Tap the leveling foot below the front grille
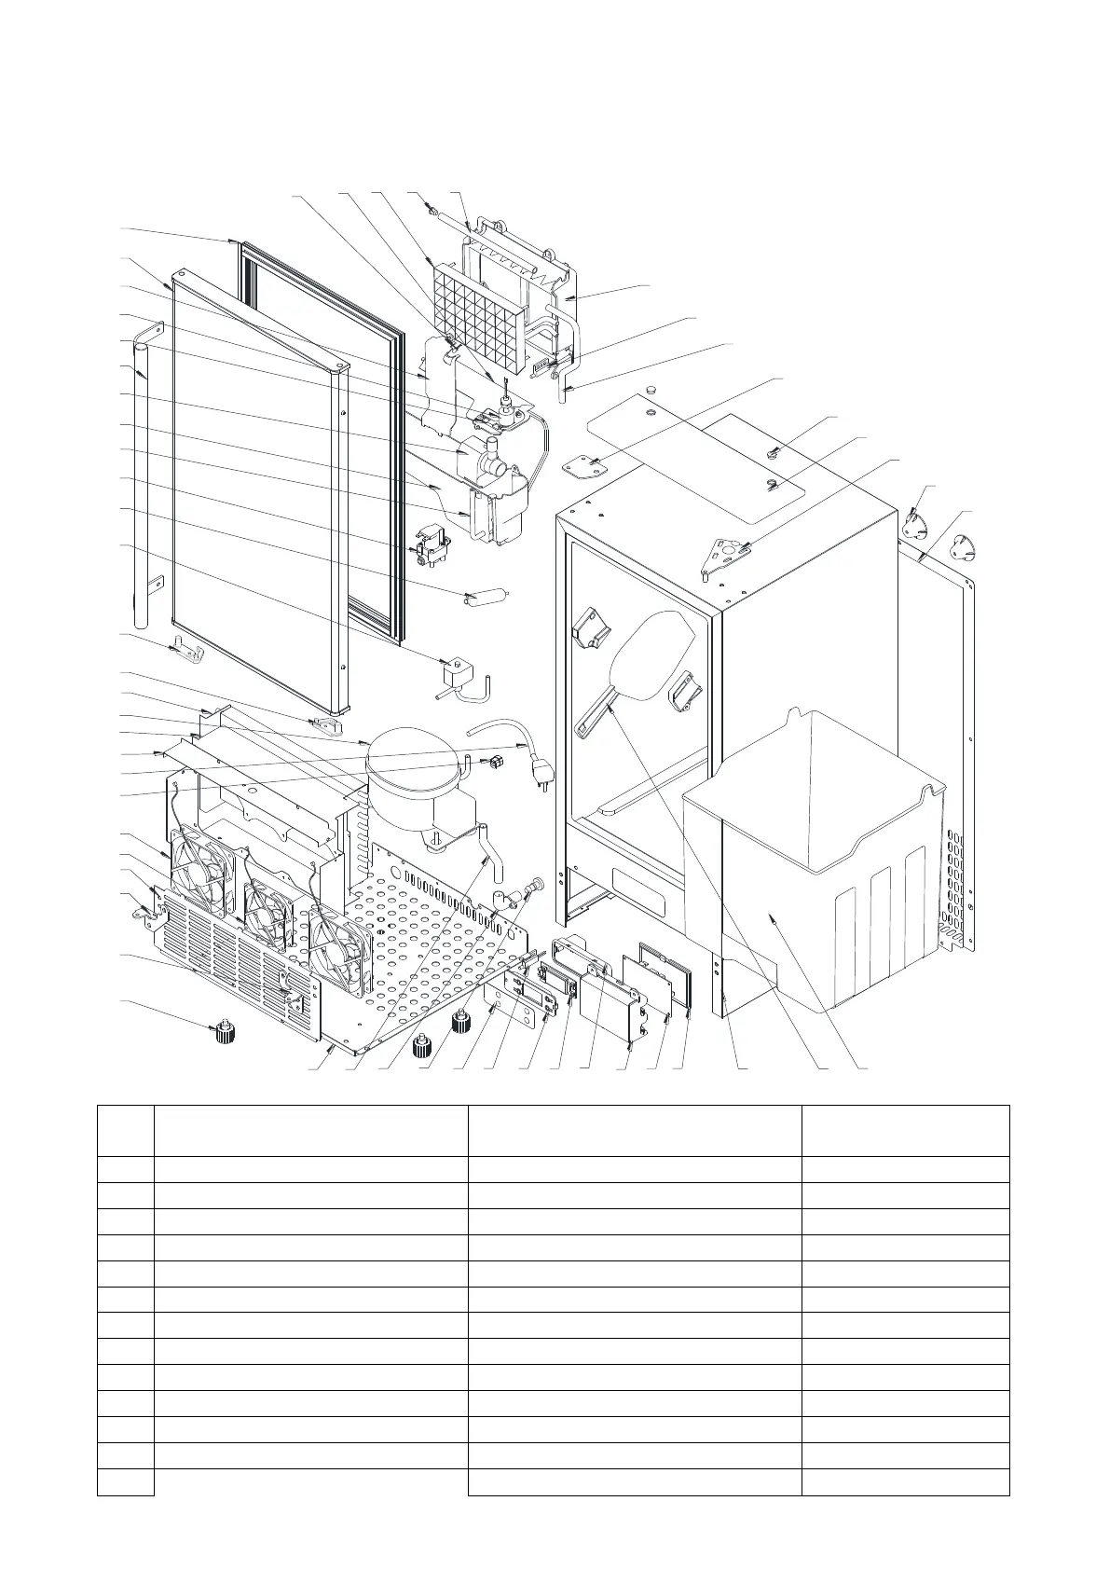223,1031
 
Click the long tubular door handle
140,485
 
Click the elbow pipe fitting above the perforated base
506,900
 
